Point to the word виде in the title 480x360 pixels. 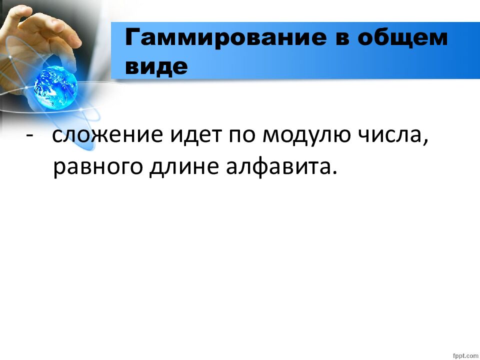(156, 66)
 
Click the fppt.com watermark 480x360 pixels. (465, 354)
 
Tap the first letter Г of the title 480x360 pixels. (131, 38)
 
